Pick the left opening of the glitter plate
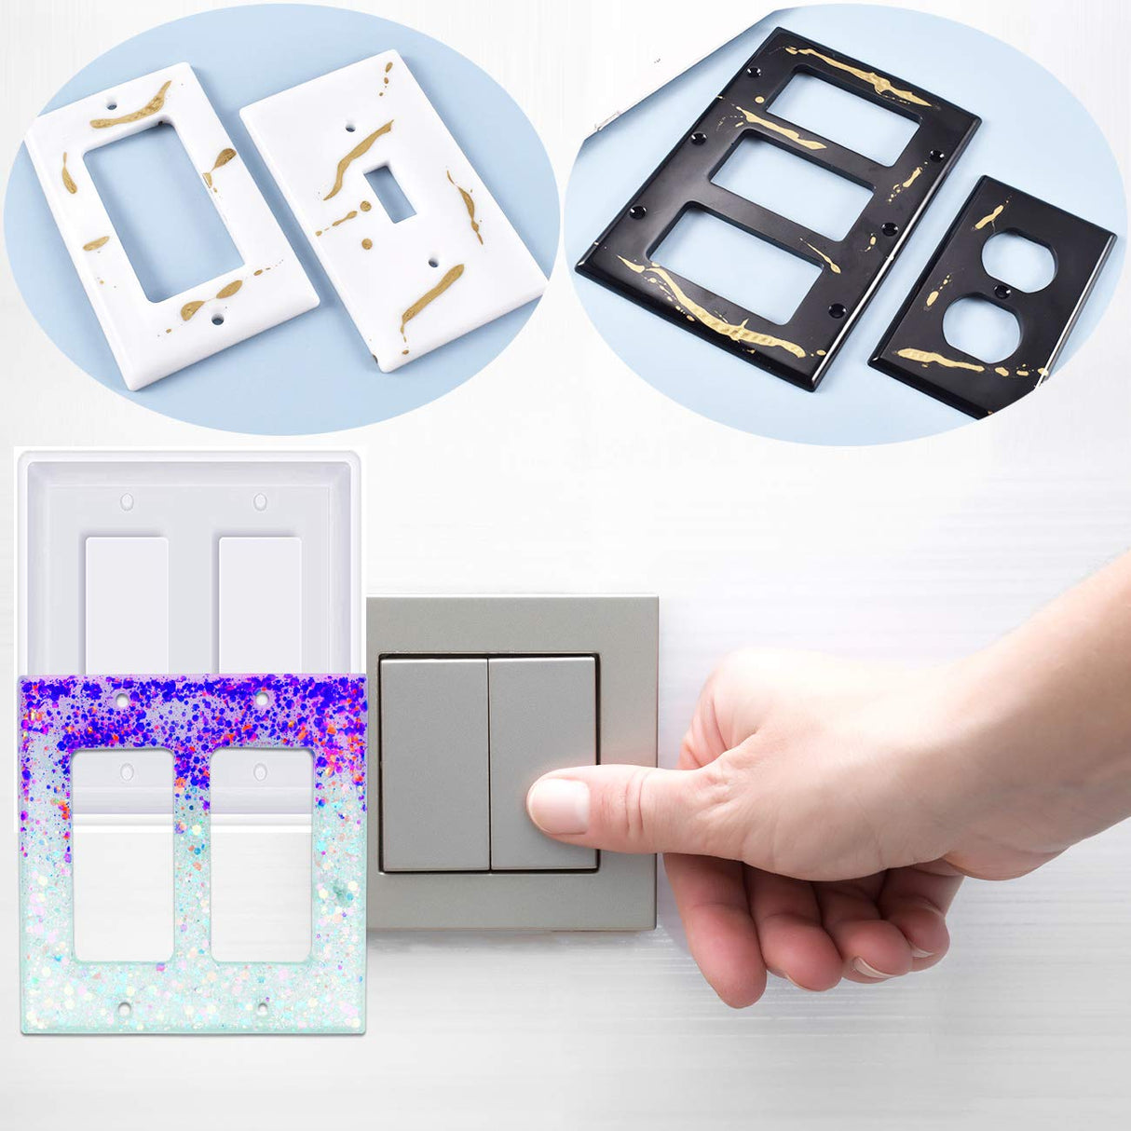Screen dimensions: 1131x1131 (123, 855)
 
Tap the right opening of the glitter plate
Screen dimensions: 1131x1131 (262, 855)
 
